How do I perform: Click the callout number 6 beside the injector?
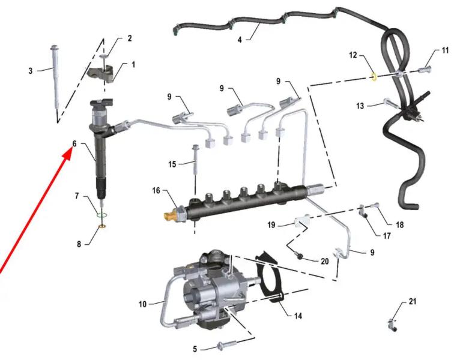(x=74, y=143)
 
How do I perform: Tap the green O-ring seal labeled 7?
(x=101, y=215)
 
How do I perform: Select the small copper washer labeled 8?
(x=102, y=226)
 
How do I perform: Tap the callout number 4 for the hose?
(x=240, y=40)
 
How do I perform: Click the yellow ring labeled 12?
(x=374, y=77)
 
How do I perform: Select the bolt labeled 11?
(x=423, y=70)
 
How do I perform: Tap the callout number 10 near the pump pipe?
(x=142, y=304)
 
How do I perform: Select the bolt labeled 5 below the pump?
(x=226, y=345)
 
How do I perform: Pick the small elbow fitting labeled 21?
(x=392, y=323)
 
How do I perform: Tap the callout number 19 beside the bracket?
(x=271, y=225)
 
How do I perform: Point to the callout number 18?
(x=400, y=225)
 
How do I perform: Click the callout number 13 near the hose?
(x=360, y=106)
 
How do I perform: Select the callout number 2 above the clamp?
(x=129, y=38)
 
